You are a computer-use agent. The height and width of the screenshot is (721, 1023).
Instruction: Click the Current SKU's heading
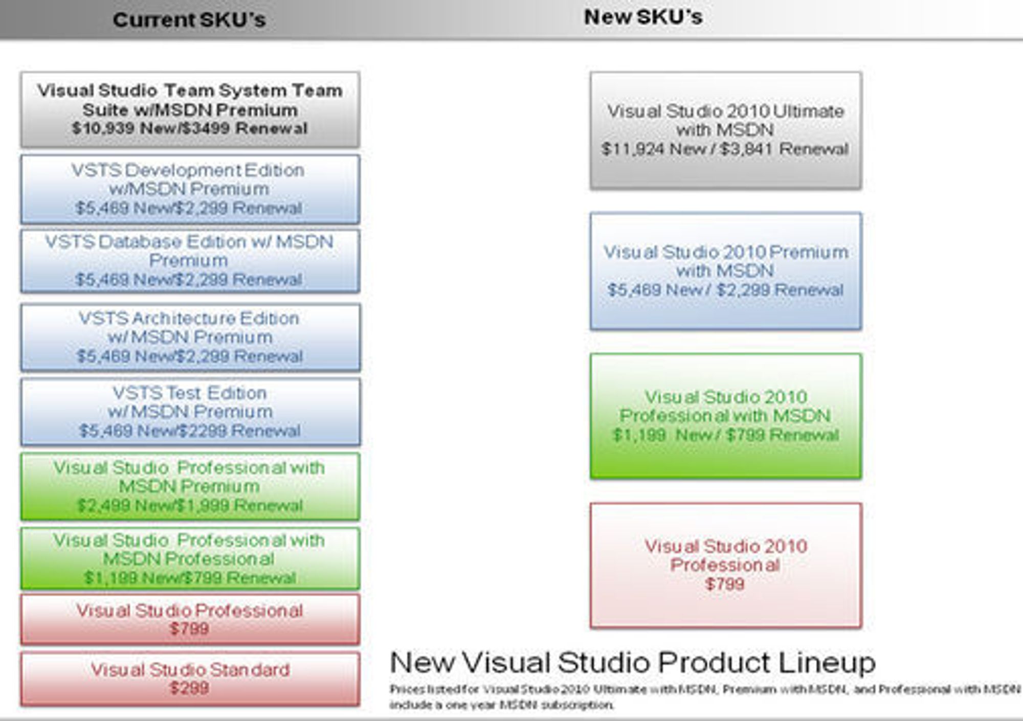click(189, 20)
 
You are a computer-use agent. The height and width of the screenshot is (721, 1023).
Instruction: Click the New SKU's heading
click(643, 17)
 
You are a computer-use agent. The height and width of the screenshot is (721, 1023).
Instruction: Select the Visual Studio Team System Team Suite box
click(190, 109)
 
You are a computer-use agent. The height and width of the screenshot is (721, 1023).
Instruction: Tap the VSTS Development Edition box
click(190, 189)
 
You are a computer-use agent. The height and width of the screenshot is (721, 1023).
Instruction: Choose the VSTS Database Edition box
click(190, 261)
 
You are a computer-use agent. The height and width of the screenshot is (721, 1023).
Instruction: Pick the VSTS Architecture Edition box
click(190, 337)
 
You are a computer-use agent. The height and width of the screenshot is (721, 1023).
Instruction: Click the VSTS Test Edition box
click(190, 412)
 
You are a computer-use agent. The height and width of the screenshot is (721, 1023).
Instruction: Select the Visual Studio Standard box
click(190, 679)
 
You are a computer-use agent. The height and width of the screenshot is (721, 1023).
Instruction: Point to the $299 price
click(189, 688)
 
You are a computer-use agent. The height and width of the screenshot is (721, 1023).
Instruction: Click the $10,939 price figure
click(104, 128)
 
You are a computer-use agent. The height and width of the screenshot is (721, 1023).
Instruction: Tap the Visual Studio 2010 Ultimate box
click(725, 130)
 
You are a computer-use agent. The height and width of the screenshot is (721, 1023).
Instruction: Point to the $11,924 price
click(633, 149)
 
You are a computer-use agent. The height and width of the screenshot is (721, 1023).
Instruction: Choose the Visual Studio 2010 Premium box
click(725, 271)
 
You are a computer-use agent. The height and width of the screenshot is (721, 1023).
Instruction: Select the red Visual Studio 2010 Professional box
click(725, 566)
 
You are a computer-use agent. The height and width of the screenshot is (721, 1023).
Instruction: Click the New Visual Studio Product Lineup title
click(633, 663)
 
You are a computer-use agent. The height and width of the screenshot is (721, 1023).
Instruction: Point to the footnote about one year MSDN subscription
click(705, 697)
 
